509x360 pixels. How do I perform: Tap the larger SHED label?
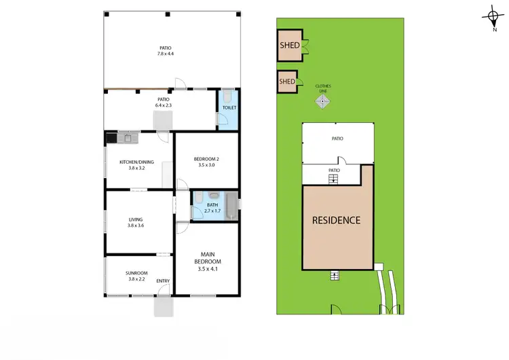click(289, 46)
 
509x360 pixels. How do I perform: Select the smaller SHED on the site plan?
click(287, 82)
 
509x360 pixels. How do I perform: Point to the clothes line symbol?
click(323, 102)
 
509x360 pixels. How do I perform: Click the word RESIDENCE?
click(336, 220)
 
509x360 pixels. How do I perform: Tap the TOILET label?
click(229, 108)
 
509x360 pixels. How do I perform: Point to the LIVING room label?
click(136, 219)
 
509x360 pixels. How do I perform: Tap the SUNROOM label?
click(136, 272)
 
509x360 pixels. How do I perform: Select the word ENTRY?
click(163, 281)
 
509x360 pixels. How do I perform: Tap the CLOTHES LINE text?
click(323, 88)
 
